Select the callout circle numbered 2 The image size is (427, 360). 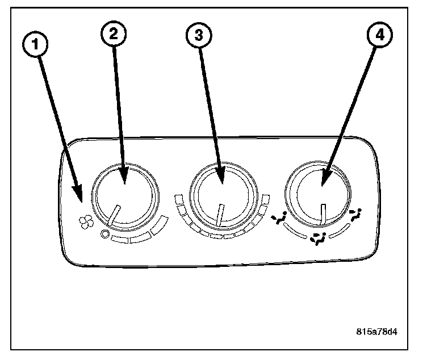click(x=114, y=34)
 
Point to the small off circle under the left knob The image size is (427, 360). click(x=104, y=234)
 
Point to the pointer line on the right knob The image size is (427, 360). click(x=321, y=215)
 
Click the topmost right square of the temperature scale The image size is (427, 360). click(x=265, y=198)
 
